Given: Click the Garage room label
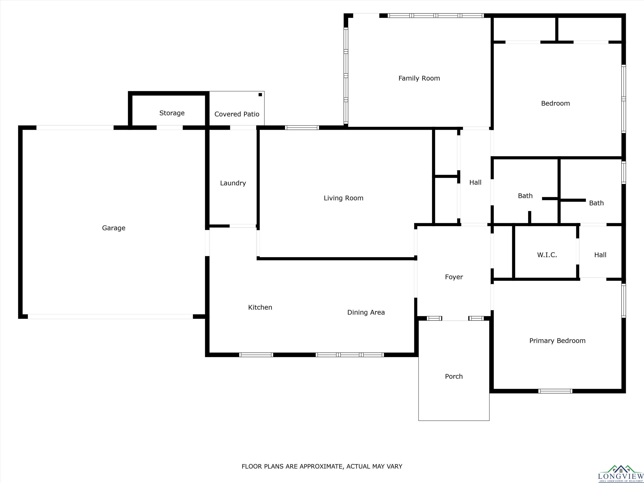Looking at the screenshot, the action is point(114,228).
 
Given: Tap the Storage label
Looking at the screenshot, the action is point(172,113).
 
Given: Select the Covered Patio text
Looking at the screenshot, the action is point(237,114).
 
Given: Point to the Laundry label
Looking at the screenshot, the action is point(233,183).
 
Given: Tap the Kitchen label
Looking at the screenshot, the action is point(260,308).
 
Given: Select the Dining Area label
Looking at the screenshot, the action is point(366,312).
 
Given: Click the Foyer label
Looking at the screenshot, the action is point(454,277).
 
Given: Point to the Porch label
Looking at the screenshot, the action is point(454,377).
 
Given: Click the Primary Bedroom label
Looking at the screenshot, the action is point(557,341).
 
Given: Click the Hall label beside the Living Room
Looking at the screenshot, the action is point(475,183).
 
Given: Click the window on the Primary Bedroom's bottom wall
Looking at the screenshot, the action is point(555,391).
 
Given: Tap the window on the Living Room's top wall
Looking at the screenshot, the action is point(302,127).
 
